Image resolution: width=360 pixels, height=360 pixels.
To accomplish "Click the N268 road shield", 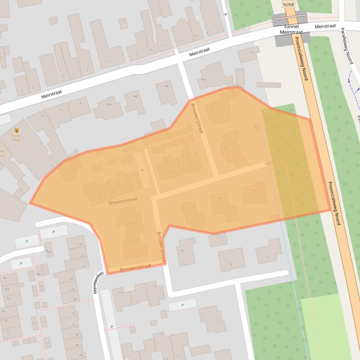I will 288,4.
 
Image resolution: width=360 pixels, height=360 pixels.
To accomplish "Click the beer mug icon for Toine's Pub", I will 17,130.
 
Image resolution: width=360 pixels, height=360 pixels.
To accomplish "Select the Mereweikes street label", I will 98,283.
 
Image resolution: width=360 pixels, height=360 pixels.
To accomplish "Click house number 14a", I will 108,104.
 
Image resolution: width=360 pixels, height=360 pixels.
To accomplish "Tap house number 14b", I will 135,96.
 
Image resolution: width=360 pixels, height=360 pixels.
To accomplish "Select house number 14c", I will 166,86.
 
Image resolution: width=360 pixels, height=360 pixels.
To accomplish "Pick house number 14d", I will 202,79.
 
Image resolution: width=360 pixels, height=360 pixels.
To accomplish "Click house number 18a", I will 47,251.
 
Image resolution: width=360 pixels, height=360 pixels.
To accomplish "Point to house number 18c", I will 38,274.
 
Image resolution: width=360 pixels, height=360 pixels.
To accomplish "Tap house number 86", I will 5,278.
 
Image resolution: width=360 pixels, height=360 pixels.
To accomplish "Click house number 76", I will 7,331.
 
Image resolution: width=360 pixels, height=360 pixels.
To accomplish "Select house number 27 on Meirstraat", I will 208,32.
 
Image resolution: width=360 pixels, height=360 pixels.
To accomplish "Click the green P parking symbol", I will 142,171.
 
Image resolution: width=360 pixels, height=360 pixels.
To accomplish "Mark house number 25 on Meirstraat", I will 195,36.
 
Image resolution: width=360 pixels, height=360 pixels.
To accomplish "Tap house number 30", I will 72,314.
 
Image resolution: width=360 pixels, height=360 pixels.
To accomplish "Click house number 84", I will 7,289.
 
